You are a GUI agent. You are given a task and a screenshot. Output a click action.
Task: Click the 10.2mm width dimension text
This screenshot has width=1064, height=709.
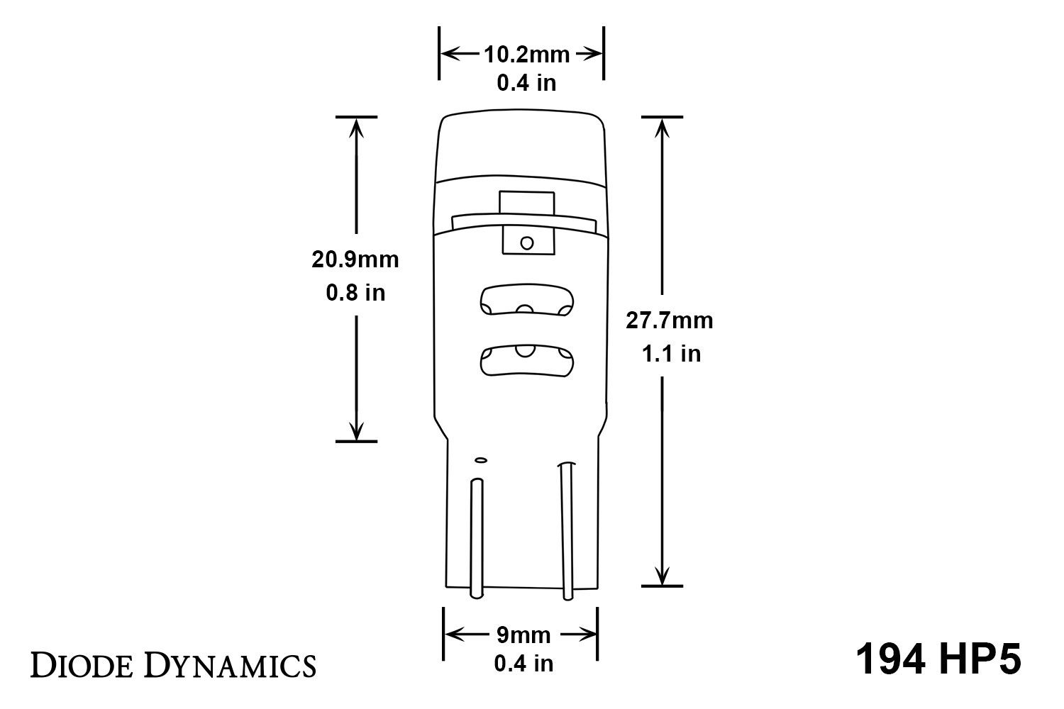pyautogui.click(x=526, y=54)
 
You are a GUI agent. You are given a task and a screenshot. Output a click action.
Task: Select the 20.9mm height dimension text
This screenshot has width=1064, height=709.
pyautogui.click(x=355, y=259)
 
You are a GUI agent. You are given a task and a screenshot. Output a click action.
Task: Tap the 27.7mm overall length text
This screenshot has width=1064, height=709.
pyautogui.click(x=669, y=320)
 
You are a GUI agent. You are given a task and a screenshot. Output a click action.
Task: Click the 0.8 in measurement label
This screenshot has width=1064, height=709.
pyautogui.click(x=355, y=292)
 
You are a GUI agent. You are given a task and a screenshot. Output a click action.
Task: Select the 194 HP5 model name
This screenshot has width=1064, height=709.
pyautogui.click(x=938, y=659)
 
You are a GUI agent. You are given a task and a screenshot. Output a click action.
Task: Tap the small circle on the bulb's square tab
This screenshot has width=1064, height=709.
pyautogui.click(x=526, y=243)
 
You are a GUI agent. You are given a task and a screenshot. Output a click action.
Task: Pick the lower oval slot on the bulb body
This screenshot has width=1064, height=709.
pyautogui.click(x=526, y=362)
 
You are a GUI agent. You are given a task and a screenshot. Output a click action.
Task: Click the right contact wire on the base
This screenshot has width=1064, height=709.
pyautogui.click(x=566, y=532)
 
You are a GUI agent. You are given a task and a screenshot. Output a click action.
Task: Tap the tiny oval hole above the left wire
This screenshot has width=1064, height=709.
pyautogui.click(x=480, y=460)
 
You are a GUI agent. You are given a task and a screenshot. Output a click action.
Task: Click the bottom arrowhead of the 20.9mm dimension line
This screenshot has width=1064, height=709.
pyautogui.click(x=356, y=430)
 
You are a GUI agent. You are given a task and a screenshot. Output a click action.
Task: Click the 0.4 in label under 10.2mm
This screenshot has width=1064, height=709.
pyautogui.click(x=526, y=83)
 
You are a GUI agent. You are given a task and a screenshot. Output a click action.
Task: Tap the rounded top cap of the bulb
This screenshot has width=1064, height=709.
pyautogui.click(x=521, y=142)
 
